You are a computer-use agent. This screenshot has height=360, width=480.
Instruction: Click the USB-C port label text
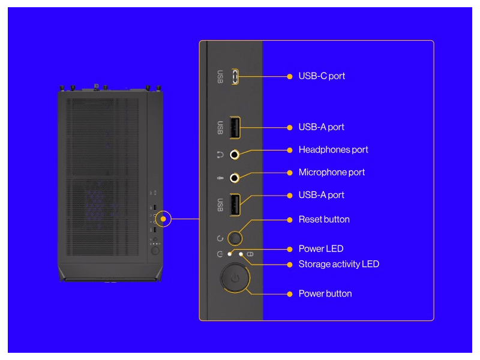coord(322,76)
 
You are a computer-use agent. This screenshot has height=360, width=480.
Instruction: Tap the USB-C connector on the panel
coord(236,76)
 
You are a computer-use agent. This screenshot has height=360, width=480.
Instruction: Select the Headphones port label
coord(333,149)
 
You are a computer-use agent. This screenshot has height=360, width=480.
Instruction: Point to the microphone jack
coord(235,178)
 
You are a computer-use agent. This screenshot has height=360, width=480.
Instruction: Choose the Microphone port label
coord(331,172)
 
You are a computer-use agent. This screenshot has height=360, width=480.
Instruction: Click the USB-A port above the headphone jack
coord(235,127)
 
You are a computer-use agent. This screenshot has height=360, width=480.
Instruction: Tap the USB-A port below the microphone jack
coord(235,204)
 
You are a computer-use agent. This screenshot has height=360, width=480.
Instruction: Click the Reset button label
coord(324,220)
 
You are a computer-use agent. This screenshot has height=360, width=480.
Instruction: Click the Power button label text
coord(325,293)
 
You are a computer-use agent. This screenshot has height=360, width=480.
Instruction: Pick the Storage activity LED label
coord(338,264)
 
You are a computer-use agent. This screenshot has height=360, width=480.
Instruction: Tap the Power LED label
coord(321,248)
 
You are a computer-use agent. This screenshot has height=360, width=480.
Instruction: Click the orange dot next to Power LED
coord(290,248)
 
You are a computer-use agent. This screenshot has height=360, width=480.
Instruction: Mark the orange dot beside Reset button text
coord(290,220)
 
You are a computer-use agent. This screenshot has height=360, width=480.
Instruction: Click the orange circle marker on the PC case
coord(163,219)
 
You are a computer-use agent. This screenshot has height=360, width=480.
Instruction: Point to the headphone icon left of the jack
coord(220,155)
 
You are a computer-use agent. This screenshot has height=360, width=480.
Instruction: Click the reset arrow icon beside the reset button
coord(220,238)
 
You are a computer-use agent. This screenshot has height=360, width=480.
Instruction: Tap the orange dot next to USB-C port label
coord(290,76)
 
